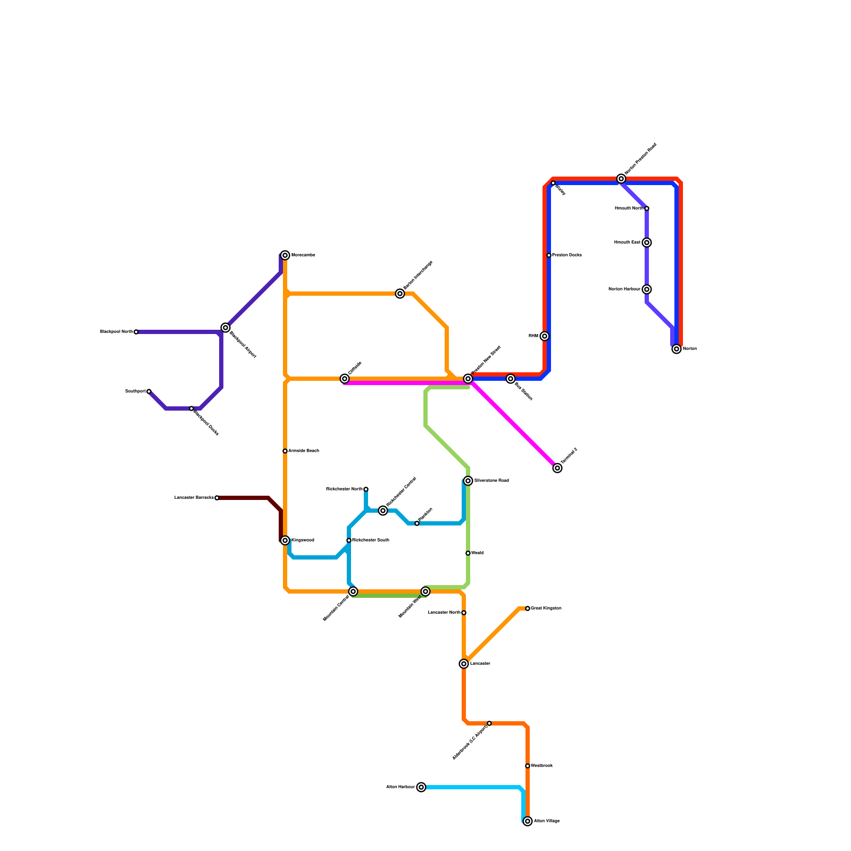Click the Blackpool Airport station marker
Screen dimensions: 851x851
[226, 328]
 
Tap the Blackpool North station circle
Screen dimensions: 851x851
[136, 332]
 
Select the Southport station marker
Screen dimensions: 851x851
[149, 391]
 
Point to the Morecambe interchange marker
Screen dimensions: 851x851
[285, 255]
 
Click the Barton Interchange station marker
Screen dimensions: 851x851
[400, 294]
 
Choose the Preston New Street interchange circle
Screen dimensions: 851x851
[468, 379]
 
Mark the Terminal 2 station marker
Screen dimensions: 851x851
[557, 468]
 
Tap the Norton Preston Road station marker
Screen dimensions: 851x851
[621, 179]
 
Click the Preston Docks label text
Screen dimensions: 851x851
[567, 255]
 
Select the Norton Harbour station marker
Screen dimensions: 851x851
[647, 289]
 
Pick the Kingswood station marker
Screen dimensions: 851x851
[285, 540]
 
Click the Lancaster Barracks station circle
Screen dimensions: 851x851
[217, 498]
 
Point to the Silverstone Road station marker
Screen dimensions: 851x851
[468, 481]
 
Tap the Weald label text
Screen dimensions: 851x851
[477, 553]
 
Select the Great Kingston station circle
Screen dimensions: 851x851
[528, 608]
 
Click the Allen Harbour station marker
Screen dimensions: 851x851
[421, 787]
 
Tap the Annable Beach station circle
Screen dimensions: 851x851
[285, 451]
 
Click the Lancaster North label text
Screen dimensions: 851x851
[444, 613]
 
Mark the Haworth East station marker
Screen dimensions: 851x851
[647, 243]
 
